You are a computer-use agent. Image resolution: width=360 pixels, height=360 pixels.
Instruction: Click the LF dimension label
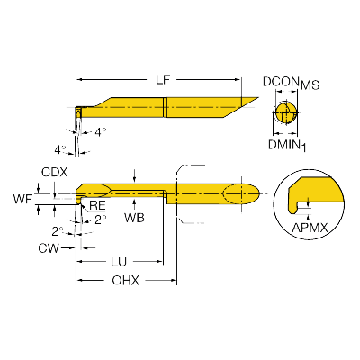163,80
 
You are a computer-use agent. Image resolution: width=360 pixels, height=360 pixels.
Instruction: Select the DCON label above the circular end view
281,82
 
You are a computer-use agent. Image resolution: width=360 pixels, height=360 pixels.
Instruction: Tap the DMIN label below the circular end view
284,145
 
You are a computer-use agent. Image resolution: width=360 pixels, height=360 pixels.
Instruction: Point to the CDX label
55,172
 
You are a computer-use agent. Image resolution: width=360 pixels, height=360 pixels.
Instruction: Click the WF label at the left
22,199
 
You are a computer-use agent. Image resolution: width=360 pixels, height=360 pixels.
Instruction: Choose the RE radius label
97,205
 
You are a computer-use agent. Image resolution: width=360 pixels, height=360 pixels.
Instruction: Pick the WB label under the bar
134,218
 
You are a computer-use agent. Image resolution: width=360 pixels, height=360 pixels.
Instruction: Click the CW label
49,248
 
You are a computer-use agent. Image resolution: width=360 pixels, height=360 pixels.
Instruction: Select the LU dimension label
119,262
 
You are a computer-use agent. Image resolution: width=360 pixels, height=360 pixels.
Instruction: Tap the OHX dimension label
126,281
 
